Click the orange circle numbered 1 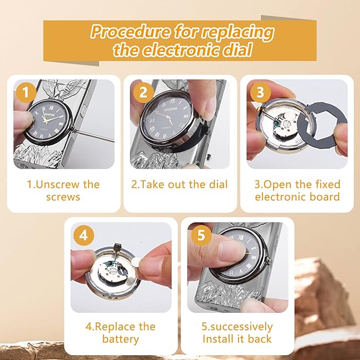tap(25, 92)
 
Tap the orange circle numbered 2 tap(143, 92)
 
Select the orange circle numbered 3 tap(260, 92)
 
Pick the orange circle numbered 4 tap(84, 235)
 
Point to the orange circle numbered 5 tap(201, 235)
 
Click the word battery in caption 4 tap(120, 339)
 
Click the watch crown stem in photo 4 tap(117, 251)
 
